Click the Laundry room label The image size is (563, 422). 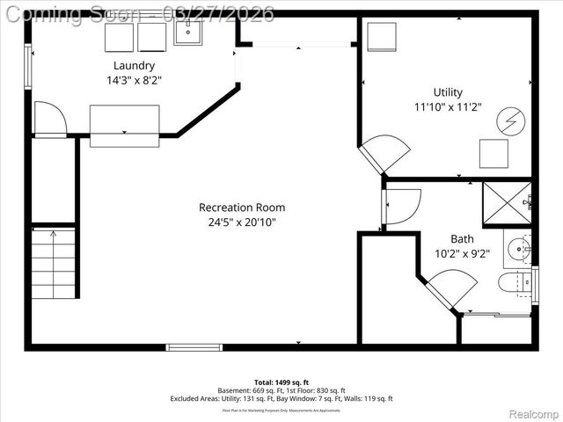pos(134,65)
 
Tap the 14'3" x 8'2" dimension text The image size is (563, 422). pos(134,80)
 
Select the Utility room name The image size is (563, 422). pos(447,92)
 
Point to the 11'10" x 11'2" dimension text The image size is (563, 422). pos(447,107)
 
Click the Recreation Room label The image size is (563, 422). pos(242,207)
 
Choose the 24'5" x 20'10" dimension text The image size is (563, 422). pos(242,222)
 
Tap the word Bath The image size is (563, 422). pos(462,238)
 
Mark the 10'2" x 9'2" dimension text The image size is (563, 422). pos(462,253)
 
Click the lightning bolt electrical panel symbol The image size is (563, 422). pos(508,120)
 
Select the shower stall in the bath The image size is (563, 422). pos(507,204)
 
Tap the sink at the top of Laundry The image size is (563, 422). pos(188,33)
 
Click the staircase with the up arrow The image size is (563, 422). pos(54,264)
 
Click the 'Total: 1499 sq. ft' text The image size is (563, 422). pos(281,382)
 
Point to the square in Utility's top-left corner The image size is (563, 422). pos(382,38)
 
